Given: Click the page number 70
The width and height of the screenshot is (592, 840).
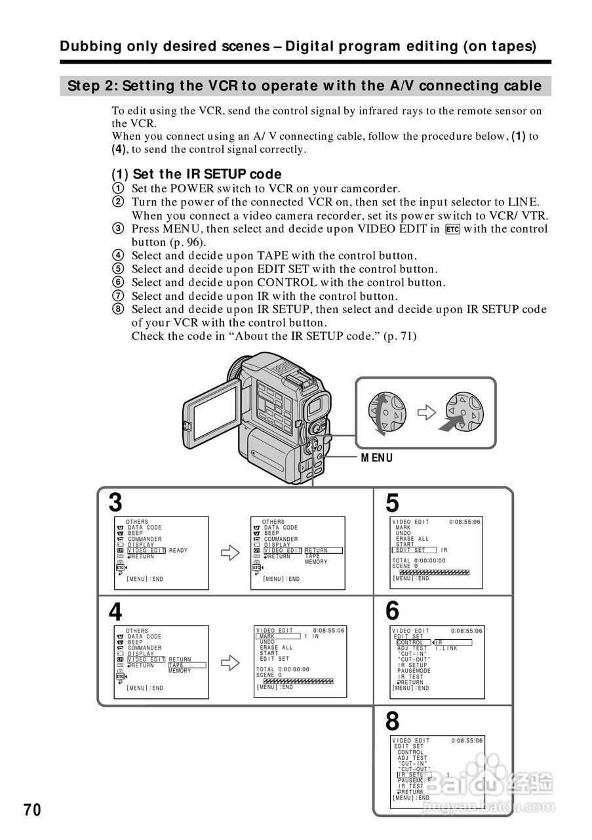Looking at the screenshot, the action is pyautogui.click(x=32, y=810).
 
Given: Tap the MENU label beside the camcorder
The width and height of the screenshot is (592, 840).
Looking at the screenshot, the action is pyautogui.click(x=377, y=458).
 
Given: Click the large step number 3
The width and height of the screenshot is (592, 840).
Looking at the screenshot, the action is pyautogui.click(x=115, y=503).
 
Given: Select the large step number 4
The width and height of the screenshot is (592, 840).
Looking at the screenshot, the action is pyautogui.click(x=115, y=612).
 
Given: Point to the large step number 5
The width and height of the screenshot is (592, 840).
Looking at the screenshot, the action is pyautogui.click(x=392, y=503).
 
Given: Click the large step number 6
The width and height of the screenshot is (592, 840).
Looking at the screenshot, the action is pyautogui.click(x=392, y=612).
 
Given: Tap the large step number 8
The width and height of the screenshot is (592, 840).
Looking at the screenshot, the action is pyautogui.click(x=392, y=722).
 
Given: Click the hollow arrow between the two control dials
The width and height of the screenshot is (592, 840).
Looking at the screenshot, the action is pyautogui.click(x=427, y=412).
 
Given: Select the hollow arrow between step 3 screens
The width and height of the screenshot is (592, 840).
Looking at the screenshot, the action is pyautogui.click(x=229, y=553).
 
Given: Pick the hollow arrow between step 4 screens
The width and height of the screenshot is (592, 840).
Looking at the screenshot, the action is pyautogui.click(x=229, y=663).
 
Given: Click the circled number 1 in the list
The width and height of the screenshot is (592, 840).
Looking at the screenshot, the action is pyautogui.click(x=118, y=188).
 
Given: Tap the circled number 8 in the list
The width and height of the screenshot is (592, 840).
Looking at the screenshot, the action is pyautogui.click(x=118, y=309).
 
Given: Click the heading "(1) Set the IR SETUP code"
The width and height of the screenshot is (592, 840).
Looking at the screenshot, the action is pyautogui.click(x=196, y=174).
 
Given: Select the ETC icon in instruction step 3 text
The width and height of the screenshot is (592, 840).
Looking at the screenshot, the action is pyautogui.click(x=452, y=229).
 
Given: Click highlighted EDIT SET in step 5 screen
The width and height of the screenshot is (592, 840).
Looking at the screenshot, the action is pyautogui.click(x=411, y=550).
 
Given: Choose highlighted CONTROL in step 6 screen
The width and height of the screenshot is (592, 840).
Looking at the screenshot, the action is pyautogui.click(x=412, y=642).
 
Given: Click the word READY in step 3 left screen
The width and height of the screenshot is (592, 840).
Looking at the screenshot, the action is pyautogui.click(x=178, y=551).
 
